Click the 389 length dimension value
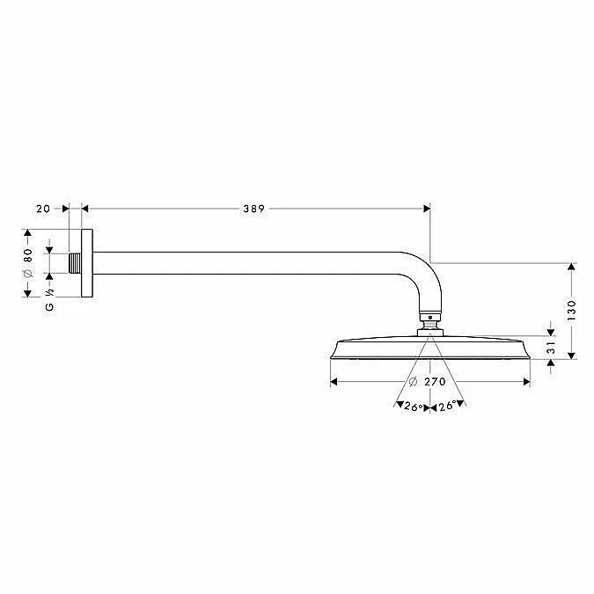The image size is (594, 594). click(253, 209)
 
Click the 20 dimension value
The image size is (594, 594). click(43, 209)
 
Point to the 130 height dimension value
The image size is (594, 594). click(572, 311)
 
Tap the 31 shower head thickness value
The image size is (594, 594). click(551, 348)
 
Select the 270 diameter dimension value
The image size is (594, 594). click(435, 381)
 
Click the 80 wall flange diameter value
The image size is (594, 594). click(28, 255)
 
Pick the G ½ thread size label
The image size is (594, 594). click(49, 300)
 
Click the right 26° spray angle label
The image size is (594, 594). click(447, 406)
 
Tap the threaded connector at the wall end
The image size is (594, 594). click(75, 263)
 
